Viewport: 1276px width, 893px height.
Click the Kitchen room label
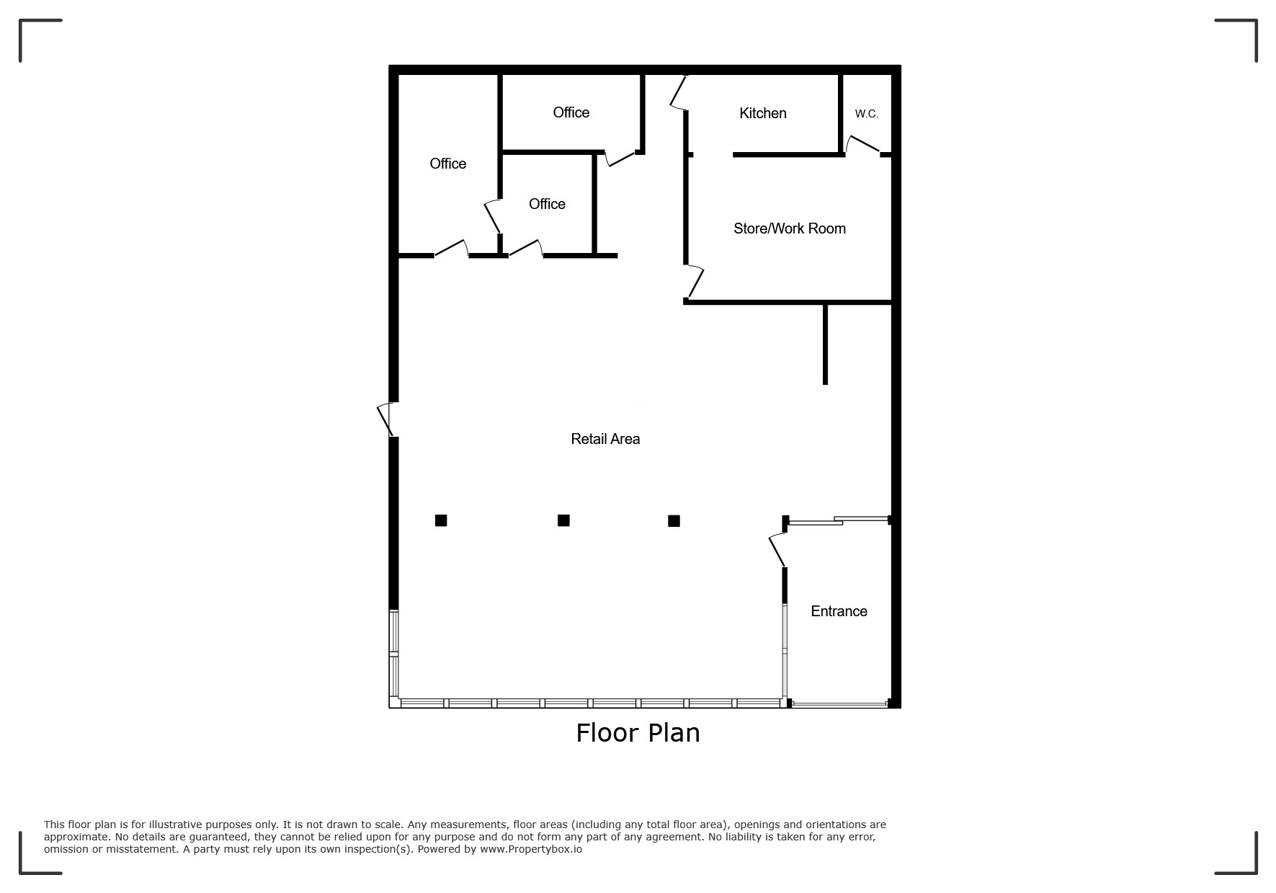click(x=762, y=113)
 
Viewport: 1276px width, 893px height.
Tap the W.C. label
click(x=867, y=114)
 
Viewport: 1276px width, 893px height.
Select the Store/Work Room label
click(x=789, y=228)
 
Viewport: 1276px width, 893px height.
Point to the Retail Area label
click(x=605, y=439)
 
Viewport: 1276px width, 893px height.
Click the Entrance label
click(x=839, y=611)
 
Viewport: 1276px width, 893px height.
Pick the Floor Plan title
click(x=638, y=733)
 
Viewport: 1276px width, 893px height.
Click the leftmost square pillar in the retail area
click(x=441, y=520)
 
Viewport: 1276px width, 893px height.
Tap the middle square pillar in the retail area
click(x=563, y=520)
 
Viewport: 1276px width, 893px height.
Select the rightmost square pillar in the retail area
click(x=674, y=521)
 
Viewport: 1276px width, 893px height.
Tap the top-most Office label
click(x=571, y=112)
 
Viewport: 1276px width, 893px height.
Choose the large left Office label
click(x=447, y=164)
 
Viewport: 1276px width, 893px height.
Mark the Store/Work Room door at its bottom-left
click(x=694, y=282)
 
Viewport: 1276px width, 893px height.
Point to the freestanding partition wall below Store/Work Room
click(x=825, y=345)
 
